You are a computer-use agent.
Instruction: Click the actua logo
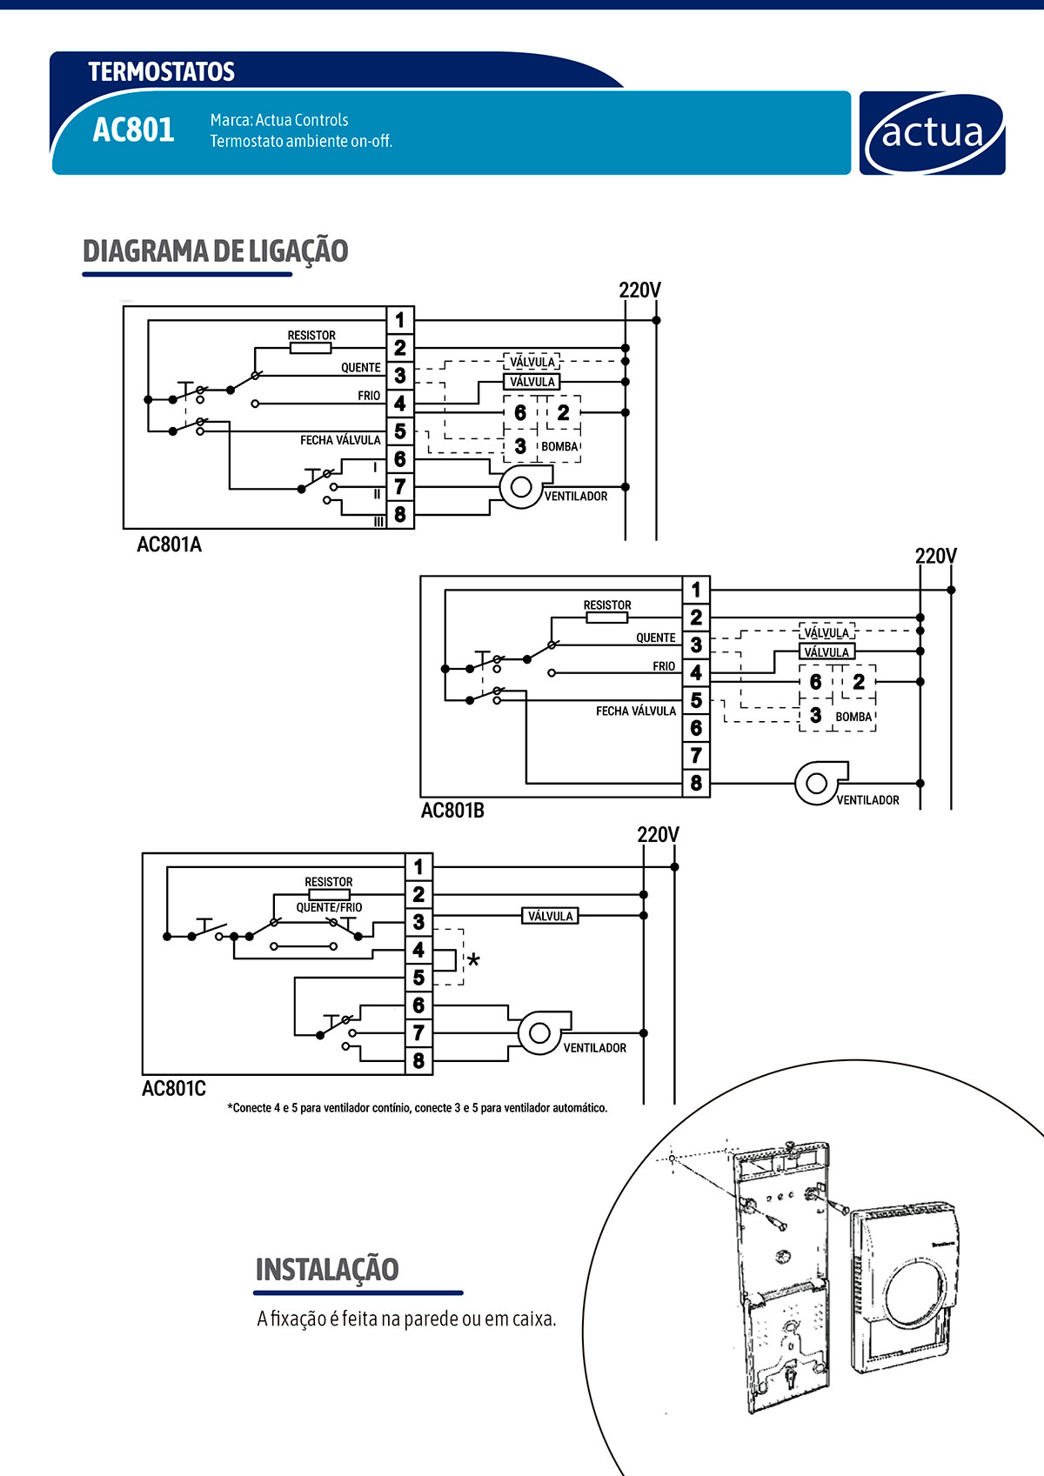932,134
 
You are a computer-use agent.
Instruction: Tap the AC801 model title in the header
133,130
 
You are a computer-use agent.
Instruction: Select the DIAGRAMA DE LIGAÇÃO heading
215,251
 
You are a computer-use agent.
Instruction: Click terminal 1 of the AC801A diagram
399,320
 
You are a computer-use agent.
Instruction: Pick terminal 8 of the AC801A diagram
399,515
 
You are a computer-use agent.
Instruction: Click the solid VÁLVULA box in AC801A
532,382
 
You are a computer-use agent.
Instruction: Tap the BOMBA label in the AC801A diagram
559,447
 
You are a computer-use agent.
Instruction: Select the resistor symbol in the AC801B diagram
606,618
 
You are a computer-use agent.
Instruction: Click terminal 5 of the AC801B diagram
696,700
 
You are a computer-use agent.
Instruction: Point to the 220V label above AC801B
935,556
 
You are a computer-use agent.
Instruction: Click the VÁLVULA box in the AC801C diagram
550,916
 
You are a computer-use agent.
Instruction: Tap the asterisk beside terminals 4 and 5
473,962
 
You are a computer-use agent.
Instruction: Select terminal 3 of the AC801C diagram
418,922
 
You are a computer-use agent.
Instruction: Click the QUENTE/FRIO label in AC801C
329,907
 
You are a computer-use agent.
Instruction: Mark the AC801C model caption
174,1088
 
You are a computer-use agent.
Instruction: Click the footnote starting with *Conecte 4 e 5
418,1108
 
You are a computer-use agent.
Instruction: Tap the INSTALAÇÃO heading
327,1270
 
